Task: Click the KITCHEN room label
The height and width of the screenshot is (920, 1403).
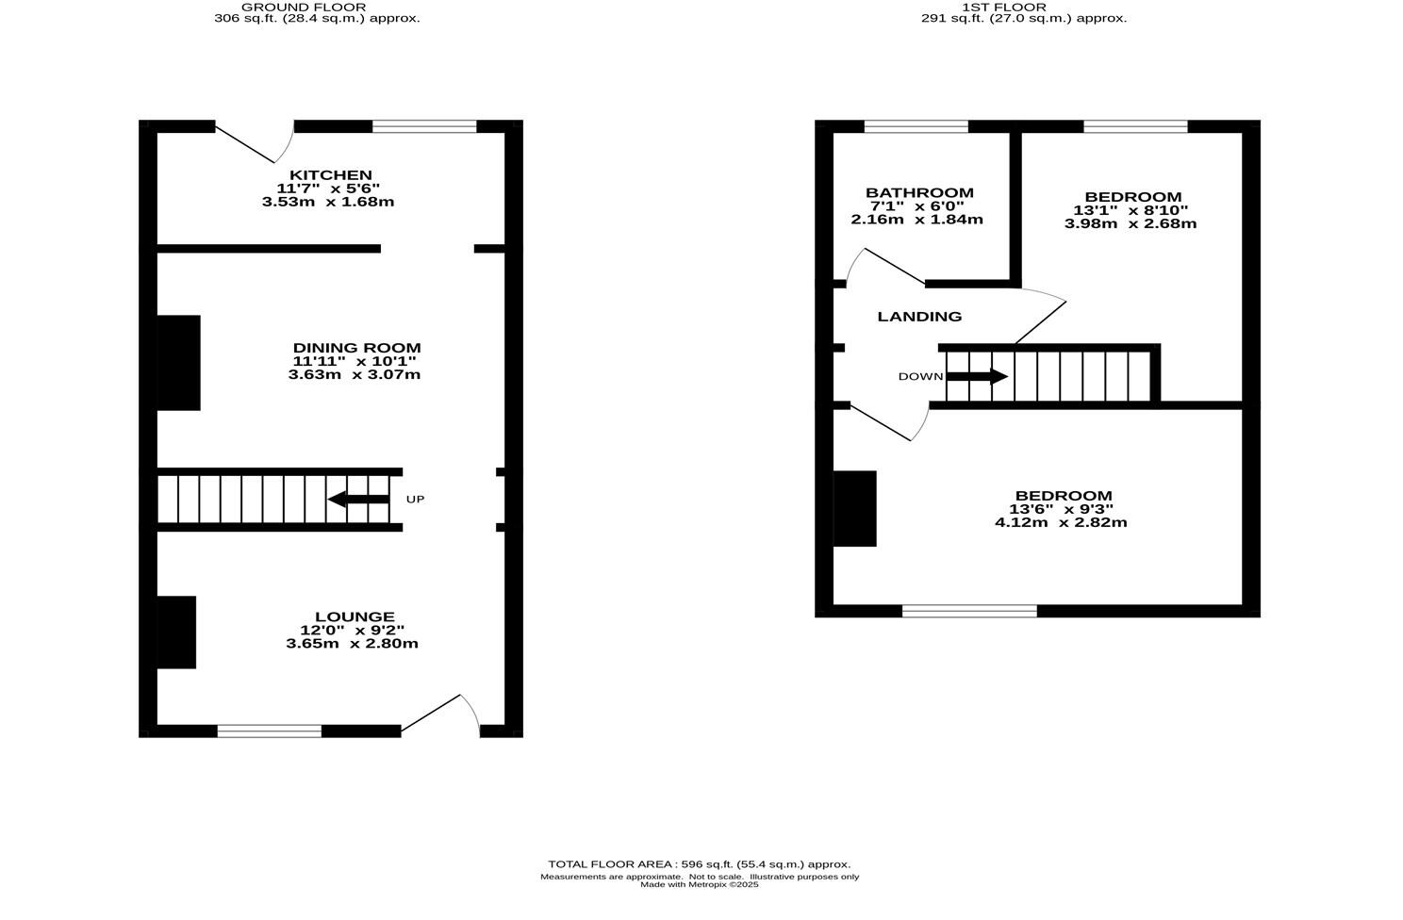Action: [330, 175]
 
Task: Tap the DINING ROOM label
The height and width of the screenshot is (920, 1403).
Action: [356, 348]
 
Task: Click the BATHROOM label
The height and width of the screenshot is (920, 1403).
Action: [919, 193]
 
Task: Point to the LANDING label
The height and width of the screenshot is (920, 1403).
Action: [919, 317]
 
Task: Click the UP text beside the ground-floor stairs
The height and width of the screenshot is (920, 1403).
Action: [415, 499]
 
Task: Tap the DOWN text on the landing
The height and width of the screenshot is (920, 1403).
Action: [920, 377]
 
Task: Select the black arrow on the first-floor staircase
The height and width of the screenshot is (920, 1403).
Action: [977, 377]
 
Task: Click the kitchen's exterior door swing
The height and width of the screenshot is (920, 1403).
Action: [259, 143]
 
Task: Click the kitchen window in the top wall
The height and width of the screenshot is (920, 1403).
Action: [424, 126]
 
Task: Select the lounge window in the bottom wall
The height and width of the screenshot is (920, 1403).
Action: [269, 731]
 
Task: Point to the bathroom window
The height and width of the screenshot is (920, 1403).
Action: [916, 126]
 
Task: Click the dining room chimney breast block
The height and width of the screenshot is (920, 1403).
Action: [179, 363]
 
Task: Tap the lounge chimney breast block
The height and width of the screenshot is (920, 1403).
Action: [176, 632]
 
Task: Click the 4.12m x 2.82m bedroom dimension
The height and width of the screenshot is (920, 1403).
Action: [1061, 522]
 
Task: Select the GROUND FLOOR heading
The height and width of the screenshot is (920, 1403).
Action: [304, 7]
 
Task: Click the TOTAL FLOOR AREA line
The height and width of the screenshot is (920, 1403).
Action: [699, 864]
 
